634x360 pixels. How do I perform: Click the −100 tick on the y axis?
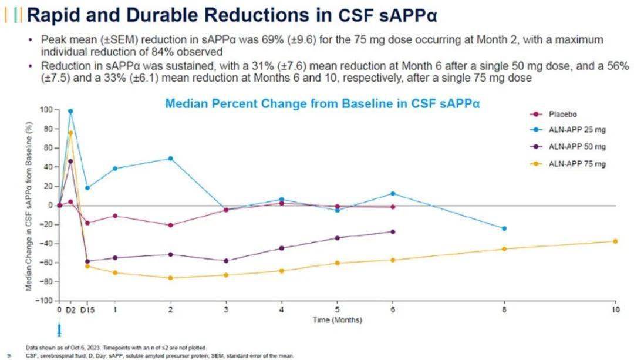45,301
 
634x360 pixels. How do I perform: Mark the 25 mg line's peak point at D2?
70,111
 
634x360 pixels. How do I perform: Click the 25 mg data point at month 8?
504,228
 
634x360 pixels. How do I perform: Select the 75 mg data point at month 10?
615,241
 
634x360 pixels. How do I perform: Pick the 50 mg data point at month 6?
393,232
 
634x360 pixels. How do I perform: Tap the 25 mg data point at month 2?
170,159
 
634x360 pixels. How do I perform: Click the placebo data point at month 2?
170,225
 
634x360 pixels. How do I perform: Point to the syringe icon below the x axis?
59,330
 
